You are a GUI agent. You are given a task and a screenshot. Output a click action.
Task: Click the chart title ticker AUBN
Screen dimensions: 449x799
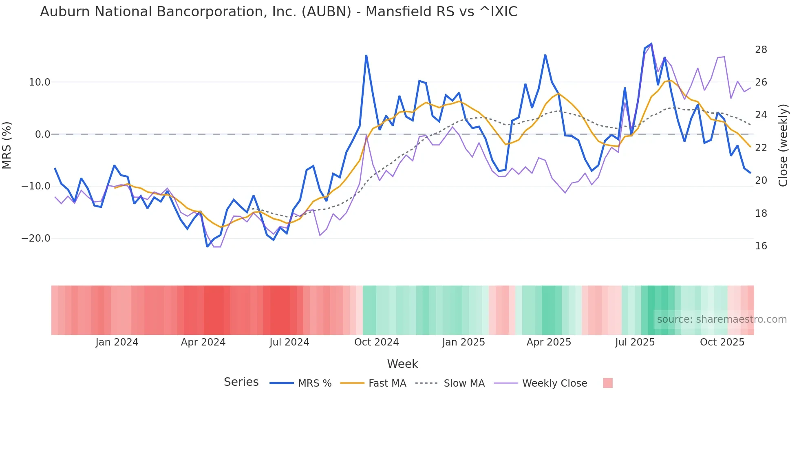point(326,12)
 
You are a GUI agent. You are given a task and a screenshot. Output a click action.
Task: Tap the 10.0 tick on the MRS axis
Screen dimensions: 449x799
point(40,82)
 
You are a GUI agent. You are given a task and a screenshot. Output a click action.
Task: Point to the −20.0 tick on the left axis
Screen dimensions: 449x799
point(36,238)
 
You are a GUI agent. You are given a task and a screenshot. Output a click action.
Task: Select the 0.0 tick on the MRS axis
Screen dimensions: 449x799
point(42,134)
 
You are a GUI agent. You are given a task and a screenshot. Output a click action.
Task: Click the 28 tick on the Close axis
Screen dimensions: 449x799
point(761,50)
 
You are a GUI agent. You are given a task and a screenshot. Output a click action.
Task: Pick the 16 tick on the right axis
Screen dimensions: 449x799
point(761,246)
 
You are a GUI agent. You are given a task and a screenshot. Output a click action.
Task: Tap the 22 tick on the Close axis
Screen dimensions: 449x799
point(761,148)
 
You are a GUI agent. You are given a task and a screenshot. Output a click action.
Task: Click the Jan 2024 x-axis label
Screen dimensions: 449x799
point(117,342)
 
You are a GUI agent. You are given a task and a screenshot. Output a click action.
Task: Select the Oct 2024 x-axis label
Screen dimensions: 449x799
point(376,342)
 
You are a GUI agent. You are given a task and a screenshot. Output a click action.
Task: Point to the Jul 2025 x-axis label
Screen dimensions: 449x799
point(635,342)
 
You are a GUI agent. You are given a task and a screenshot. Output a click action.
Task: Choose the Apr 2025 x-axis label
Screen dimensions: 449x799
point(549,342)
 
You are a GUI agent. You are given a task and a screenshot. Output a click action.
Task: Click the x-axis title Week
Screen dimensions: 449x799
point(402,364)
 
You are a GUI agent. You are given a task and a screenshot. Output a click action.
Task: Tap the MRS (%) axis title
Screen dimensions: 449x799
point(7,145)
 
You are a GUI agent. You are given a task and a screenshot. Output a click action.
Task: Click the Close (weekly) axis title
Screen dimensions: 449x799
point(783,145)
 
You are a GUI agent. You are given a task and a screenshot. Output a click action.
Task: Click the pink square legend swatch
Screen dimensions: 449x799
point(607,383)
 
